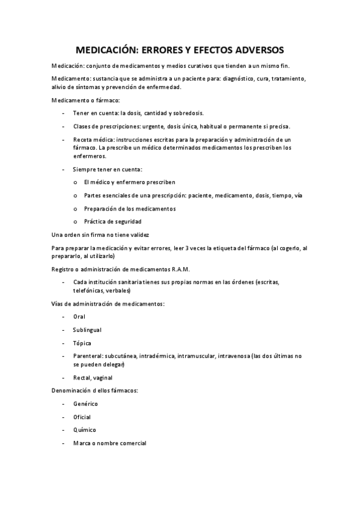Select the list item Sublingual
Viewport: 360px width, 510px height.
(87, 330)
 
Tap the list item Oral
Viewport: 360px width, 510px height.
(79, 316)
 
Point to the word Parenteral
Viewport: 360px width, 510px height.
(88, 357)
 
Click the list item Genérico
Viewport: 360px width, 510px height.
(85, 404)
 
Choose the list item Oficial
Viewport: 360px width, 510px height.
(82, 417)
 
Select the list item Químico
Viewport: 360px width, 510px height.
(84, 431)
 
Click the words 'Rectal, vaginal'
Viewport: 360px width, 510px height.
(93, 378)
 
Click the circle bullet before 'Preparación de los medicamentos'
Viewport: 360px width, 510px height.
(75, 209)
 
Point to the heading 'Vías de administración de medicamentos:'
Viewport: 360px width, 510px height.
(108, 303)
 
